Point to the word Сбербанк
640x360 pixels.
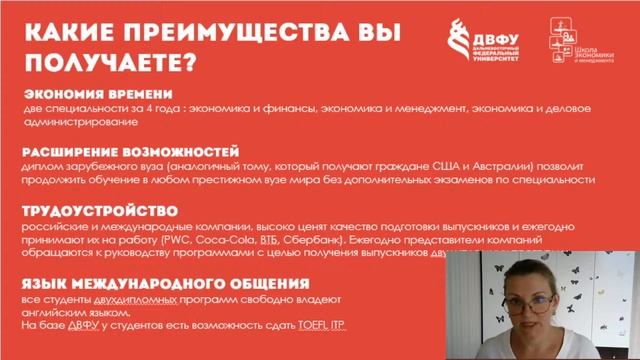pyautogui.click(x=313, y=241)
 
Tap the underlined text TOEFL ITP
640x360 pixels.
pyautogui.click(x=325, y=326)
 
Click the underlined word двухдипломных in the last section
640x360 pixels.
pyautogui.click(x=136, y=299)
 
